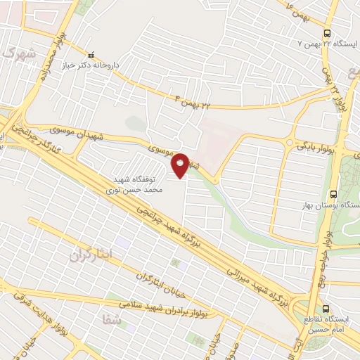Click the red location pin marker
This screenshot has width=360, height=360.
point(181,165)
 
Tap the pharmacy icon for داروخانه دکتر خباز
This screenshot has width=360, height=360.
point(89,55)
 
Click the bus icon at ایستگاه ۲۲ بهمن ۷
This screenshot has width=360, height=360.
point(327,32)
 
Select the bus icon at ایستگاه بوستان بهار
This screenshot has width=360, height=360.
point(333,195)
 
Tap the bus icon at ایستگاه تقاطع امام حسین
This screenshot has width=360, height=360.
point(326,308)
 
